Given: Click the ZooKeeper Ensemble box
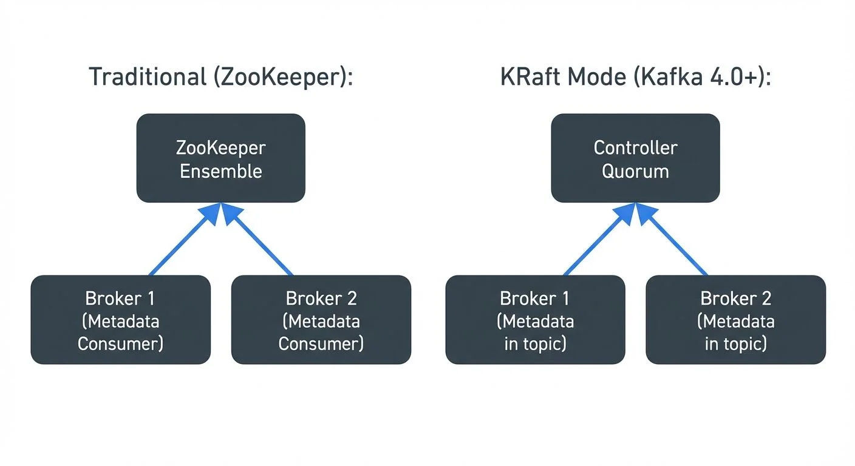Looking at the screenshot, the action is click(220, 158).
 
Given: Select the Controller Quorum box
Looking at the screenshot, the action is click(636, 158).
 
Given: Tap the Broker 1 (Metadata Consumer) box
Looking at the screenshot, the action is click(121, 320).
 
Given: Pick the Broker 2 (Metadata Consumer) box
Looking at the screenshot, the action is click(321, 320).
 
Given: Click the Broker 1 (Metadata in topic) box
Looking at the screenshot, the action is click(535, 320).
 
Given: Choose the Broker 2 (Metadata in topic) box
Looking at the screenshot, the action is click(736, 320).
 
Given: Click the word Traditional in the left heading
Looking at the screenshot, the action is click(148, 76).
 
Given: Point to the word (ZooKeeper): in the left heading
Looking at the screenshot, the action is click(283, 77).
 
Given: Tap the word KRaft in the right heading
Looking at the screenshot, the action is click(530, 76).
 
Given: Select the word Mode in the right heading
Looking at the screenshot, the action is click(597, 76).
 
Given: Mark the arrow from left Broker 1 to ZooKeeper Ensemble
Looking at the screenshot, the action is click(185, 239).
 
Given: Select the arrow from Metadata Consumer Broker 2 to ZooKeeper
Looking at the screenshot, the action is click(257, 239).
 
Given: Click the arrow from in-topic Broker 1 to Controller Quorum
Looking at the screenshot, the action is click(599, 239).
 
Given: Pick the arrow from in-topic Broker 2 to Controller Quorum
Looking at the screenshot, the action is click(672, 239).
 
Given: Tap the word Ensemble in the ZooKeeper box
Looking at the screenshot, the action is click(221, 171).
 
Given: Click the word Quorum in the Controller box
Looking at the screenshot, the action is click(636, 172).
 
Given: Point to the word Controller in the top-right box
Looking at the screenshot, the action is click(636, 147).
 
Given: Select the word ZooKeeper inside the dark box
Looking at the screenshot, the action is click(221, 148).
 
